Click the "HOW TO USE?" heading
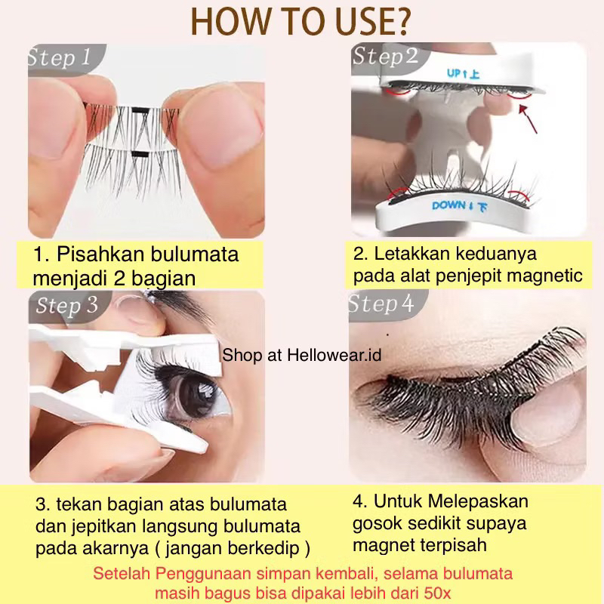(x=300, y=22)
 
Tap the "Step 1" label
(x=59, y=58)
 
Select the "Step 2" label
(x=385, y=57)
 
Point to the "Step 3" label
(x=67, y=306)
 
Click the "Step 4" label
(x=381, y=304)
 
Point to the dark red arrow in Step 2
(x=527, y=119)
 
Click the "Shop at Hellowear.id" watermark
(x=301, y=355)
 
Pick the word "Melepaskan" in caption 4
(x=478, y=501)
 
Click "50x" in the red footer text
(x=437, y=592)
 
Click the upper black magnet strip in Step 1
(x=140, y=110)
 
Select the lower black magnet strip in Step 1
(x=140, y=155)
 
